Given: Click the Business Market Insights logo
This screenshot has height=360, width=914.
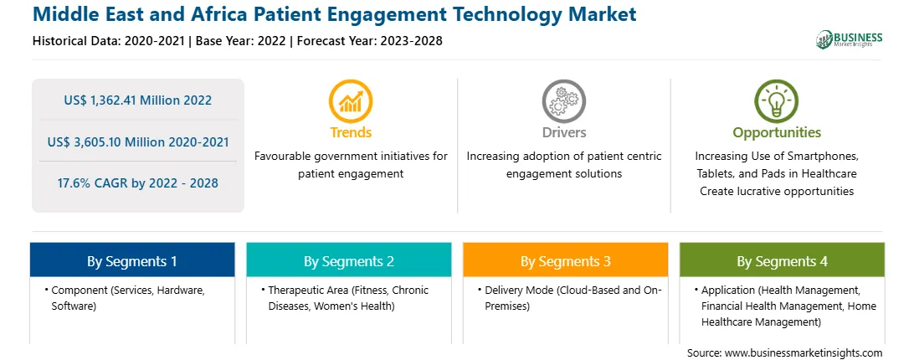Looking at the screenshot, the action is pos(850,39).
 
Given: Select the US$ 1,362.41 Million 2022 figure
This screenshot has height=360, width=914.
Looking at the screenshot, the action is pos(137,100).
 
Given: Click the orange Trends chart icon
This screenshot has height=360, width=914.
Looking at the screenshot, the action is pos(351,101).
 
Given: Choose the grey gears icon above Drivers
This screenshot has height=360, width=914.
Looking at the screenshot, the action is pos(563,101).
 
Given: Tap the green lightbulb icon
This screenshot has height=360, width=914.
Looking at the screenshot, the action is pos(777,101).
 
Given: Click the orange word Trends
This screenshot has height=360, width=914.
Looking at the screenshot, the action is pos(351,132).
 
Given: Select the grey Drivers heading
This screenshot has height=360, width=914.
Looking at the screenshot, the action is pos(563,132).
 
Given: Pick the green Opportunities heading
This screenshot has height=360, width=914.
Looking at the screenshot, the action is pos(777,133).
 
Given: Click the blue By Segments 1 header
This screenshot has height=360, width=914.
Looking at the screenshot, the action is pos(132,260).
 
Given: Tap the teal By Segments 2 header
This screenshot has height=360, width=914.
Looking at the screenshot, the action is pos(348,260).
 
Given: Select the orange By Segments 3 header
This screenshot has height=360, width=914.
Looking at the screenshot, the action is pos(566,260).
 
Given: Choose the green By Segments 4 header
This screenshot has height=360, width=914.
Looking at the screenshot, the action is pos(783,260).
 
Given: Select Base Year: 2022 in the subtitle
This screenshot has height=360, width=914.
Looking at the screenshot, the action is pos(241,41).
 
